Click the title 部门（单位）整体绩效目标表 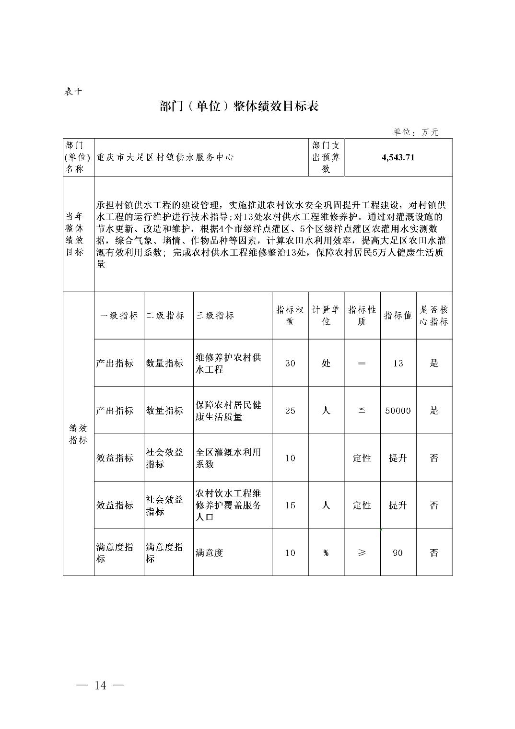click(x=239, y=106)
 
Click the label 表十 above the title click(x=73, y=91)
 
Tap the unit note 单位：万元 click(x=415, y=132)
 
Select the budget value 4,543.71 click(x=398, y=157)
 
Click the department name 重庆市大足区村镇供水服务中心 click(x=165, y=157)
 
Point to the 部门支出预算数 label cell click(x=326, y=157)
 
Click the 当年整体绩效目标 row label click(x=75, y=234)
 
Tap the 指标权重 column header click(x=290, y=316)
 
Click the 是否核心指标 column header click(x=433, y=316)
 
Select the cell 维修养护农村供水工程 click(x=228, y=363)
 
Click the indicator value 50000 click(x=398, y=411)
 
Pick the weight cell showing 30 click(x=290, y=363)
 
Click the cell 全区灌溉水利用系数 click(x=228, y=458)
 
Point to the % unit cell click(x=326, y=553)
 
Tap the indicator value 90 click(x=398, y=553)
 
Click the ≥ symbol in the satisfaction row click(x=362, y=553)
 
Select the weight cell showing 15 click(x=290, y=505)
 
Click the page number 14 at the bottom click(x=100, y=685)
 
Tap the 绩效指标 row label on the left click(x=78, y=434)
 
